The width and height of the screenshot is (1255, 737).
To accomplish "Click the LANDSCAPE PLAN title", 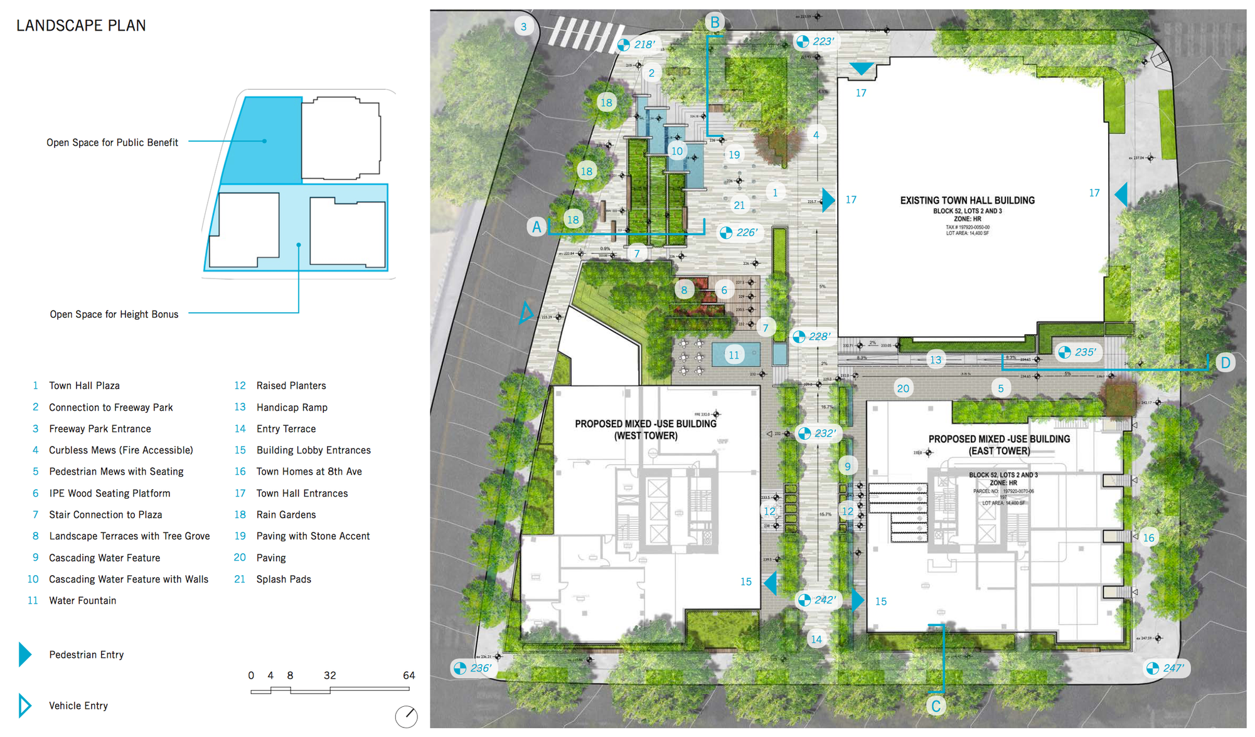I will click(x=81, y=26).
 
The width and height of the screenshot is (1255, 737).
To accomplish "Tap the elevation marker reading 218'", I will click(x=637, y=45).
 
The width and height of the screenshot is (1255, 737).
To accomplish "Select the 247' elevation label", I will click(x=1165, y=668).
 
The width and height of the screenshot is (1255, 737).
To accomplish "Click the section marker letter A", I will click(x=537, y=227).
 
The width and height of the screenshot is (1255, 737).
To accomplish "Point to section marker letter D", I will click(x=1225, y=363).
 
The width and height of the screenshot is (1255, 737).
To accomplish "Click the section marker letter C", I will click(x=936, y=706).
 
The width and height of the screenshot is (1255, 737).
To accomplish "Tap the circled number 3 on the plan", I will click(x=524, y=27).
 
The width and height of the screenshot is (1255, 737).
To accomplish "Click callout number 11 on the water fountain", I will click(x=734, y=355).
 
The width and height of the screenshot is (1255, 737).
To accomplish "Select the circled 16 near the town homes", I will click(x=1148, y=538).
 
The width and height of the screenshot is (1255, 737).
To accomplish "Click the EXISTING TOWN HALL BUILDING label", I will click(x=967, y=201).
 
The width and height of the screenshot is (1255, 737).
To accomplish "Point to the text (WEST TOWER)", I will click(x=646, y=436).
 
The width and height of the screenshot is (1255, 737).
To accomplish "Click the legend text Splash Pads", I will click(x=284, y=580).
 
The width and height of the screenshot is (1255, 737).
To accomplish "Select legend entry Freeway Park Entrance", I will click(x=100, y=429).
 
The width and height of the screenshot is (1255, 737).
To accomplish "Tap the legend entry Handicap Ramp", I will click(x=292, y=408).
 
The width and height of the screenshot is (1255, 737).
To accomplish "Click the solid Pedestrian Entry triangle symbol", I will click(x=24, y=655).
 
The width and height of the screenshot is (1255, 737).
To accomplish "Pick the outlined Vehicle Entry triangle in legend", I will click(x=24, y=706).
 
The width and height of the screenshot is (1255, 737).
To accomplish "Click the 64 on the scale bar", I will click(x=409, y=676).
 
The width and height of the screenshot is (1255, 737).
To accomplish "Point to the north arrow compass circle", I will click(x=407, y=716).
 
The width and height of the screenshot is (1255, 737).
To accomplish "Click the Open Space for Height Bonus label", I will click(x=114, y=314).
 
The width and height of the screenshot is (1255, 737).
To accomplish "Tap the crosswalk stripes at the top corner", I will click(x=584, y=34).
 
